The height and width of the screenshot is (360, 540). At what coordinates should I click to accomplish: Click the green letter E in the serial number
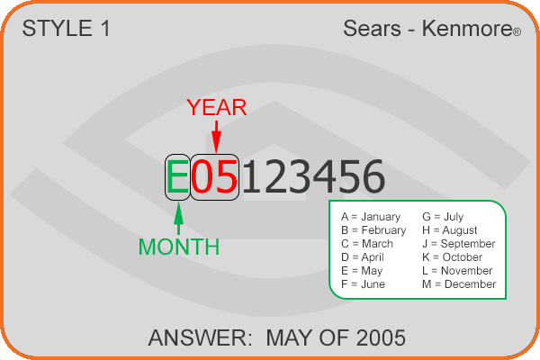(177, 176)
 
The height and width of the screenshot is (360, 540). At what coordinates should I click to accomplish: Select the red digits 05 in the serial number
(214, 176)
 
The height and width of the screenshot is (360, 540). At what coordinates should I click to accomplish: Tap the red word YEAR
(217, 107)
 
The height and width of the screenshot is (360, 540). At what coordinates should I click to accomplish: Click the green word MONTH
(179, 247)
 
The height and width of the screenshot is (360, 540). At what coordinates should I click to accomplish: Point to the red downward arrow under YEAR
(216, 137)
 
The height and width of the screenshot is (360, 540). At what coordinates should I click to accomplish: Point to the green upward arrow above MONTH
(178, 219)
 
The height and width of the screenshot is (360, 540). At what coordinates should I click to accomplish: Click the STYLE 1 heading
(66, 28)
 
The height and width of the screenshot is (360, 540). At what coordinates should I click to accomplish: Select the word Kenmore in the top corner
(467, 28)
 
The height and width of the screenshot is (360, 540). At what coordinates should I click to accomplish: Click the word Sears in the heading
(372, 28)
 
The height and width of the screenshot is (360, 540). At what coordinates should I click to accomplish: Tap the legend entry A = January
(371, 217)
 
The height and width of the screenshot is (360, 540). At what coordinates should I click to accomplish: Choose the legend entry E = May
(362, 271)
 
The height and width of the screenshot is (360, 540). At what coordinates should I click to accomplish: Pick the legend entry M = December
(459, 284)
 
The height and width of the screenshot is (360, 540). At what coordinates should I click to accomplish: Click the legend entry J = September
(459, 244)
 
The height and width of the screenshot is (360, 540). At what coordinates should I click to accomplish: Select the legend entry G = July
(443, 217)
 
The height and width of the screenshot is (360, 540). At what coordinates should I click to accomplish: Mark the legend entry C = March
(367, 244)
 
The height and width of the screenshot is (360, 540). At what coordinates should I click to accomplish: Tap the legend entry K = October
(452, 257)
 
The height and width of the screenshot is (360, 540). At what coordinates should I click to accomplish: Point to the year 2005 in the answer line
(381, 337)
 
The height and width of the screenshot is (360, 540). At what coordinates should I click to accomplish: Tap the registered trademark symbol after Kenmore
(517, 32)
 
